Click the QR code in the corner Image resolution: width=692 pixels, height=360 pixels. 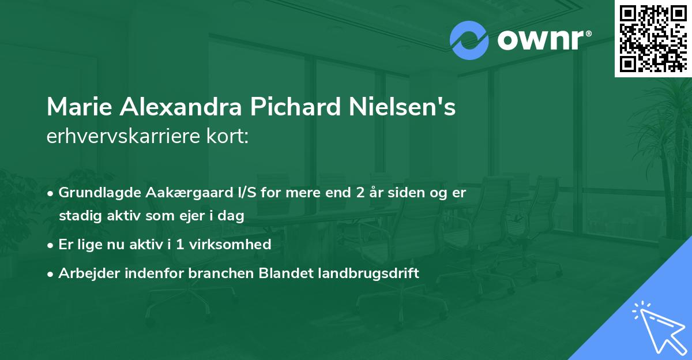(x=653, y=39)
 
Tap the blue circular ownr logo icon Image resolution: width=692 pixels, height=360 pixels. (x=469, y=40)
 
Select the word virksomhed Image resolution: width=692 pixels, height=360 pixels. (x=235, y=244)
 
